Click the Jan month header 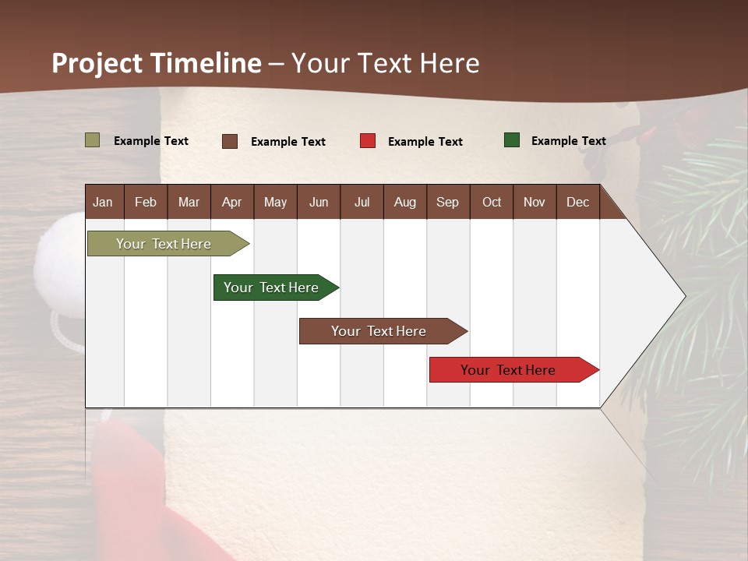coord(103,202)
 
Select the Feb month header coord(146,202)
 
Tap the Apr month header coord(231,202)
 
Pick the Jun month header coord(318,202)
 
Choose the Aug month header coord(404,202)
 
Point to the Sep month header coord(447,202)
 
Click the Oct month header coord(491,202)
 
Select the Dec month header coord(577,202)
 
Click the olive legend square coord(93,140)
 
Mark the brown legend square coord(230,141)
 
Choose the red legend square coord(368,141)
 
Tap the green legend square coord(512,140)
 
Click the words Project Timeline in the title coord(157,63)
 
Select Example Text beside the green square coord(568,141)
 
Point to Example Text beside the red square coord(425,142)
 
